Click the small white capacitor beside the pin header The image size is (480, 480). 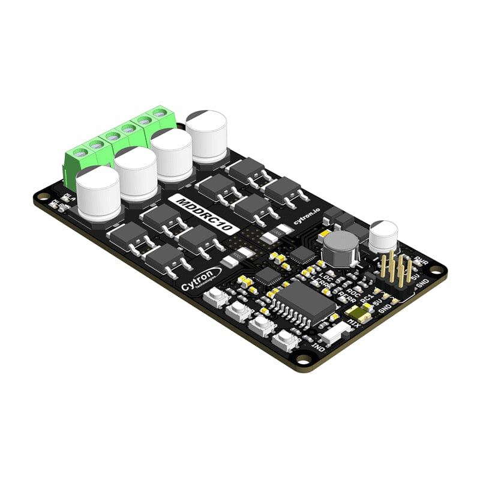(x=383, y=236)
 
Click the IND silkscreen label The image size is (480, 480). (x=319, y=347)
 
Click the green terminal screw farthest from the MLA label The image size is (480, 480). (x=160, y=113)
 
